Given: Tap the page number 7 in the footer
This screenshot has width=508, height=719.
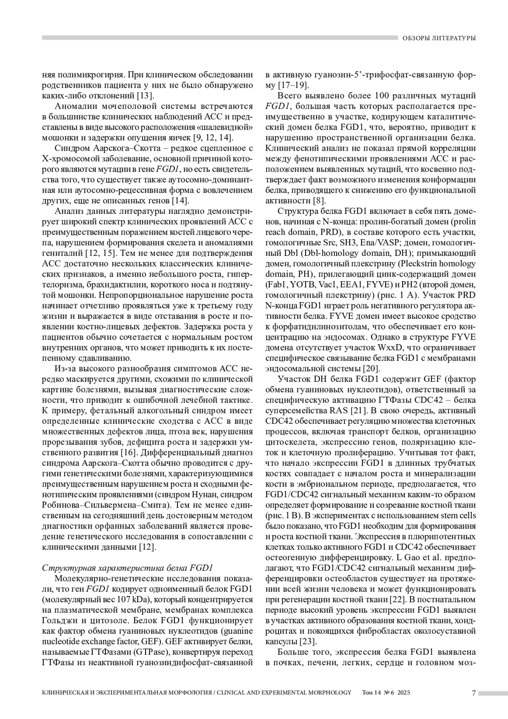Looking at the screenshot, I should (x=474, y=693).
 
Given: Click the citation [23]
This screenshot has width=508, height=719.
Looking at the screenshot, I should (x=307, y=641).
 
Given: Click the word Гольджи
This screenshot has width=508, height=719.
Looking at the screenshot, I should (x=59, y=620).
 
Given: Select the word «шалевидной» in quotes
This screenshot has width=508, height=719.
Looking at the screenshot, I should (x=227, y=127).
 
